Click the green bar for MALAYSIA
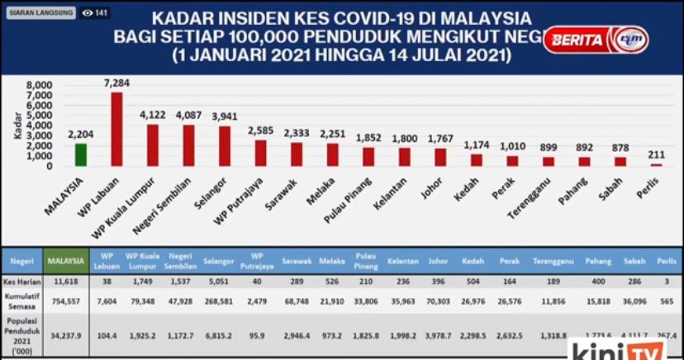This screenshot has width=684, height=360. click(81, 154)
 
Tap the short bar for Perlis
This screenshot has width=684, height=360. click(656, 165)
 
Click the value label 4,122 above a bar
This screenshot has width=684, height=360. click(154, 116)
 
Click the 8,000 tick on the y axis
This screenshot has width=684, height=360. click(40, 85)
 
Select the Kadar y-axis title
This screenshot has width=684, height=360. click(17, 126)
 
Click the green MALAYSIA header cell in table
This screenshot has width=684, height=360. click(66, 261)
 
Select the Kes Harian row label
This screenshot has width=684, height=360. click(21, 282)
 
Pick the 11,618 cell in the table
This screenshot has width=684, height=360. click(66, 282)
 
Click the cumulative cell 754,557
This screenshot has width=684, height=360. click(66, 301)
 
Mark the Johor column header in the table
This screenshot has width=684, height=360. click(438, 261)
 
